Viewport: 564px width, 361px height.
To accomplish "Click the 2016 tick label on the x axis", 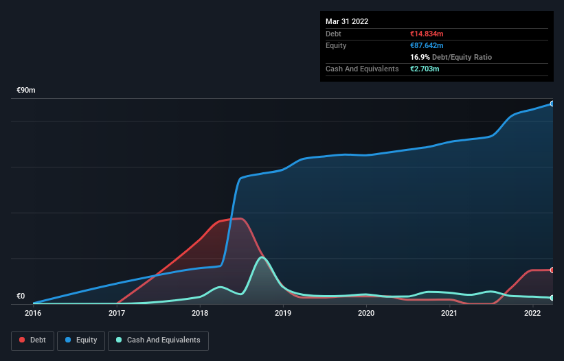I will [x=33, y=313].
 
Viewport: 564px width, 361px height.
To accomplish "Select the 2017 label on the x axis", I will [x=116, y=313].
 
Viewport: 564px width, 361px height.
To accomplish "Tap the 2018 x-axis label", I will [x=200, y=313].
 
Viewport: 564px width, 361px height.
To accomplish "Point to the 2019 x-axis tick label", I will [x=283, y=313].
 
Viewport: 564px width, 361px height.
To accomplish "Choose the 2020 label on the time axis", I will [x=366, y=313].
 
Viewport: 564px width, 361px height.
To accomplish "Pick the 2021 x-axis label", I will [x=449, y=313].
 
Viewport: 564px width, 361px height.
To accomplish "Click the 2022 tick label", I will [x=532, y=313].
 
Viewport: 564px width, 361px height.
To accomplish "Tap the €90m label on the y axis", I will [x=26, y=91].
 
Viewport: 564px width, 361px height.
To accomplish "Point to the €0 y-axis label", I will [x=21, y=296].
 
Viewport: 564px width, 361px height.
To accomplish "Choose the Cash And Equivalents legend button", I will [x=158, y=340].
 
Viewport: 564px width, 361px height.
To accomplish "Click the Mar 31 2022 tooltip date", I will [x=347, y=21].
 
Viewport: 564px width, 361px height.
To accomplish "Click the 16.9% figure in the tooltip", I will [x=420, y=57].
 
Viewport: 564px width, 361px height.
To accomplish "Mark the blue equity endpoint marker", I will [x=552, y=104].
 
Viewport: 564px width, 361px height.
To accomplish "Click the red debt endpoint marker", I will [x=552, y=270].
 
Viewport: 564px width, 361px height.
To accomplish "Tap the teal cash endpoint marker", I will [x=552, y=298].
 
